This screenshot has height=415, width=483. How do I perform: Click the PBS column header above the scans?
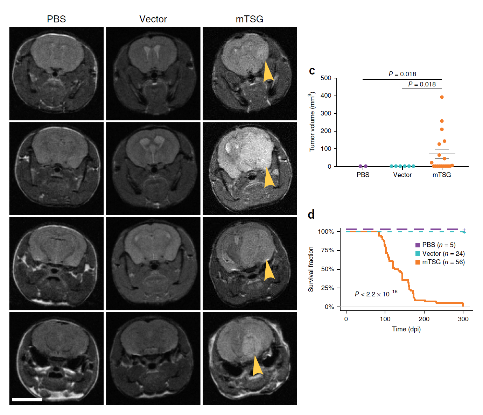coord(56,19)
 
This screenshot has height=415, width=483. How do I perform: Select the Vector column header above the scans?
coord(153,19)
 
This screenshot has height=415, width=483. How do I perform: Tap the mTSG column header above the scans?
coord(250,19)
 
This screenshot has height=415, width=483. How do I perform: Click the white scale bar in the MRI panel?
coord(27,399)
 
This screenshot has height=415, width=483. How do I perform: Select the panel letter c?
coord(312,71)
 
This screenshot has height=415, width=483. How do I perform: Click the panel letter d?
coord(311,214)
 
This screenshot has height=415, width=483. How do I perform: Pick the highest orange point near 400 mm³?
coord(442,97)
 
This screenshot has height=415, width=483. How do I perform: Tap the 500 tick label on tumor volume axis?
coord(326,78)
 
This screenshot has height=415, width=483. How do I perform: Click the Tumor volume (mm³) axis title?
coord(312,122)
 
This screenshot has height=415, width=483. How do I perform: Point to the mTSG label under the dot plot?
coord(442,175)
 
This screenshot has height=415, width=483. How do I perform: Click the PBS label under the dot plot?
coord(363,175)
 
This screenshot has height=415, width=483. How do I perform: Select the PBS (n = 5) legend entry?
coord(435,245)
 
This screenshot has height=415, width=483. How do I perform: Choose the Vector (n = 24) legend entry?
coord(440,254)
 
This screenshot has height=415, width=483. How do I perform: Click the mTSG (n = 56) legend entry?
coord(440,262)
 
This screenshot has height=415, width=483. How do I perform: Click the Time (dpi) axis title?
coord(406,329)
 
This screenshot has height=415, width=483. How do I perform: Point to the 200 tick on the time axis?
coord(424,319)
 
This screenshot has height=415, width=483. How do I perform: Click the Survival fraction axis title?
coord(311,269)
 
